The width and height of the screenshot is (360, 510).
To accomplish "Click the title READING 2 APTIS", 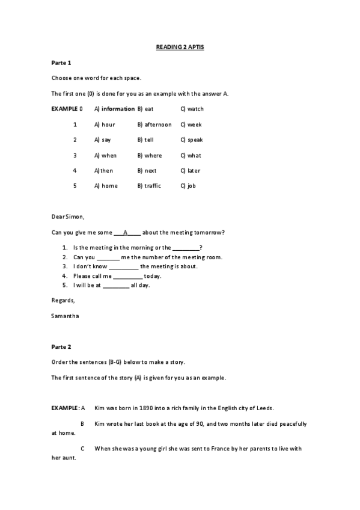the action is [180, 46].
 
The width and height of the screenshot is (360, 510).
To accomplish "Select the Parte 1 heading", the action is [61, 63].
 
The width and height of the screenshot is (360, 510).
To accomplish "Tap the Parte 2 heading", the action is [61, 346].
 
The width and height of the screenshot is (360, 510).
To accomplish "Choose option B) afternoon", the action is [154, 124].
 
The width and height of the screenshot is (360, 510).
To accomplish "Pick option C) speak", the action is [192, 140].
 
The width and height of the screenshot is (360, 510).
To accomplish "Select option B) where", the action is [150, 155].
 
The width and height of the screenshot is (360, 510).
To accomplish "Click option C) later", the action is [191, 170].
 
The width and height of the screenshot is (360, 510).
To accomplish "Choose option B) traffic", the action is [149, 186].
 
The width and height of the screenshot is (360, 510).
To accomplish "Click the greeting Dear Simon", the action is [69, 217].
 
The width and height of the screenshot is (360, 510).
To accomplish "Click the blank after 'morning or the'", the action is [186, 248].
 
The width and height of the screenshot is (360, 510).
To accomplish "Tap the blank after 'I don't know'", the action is [123, 266].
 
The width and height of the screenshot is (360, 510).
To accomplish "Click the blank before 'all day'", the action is [116, 285].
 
